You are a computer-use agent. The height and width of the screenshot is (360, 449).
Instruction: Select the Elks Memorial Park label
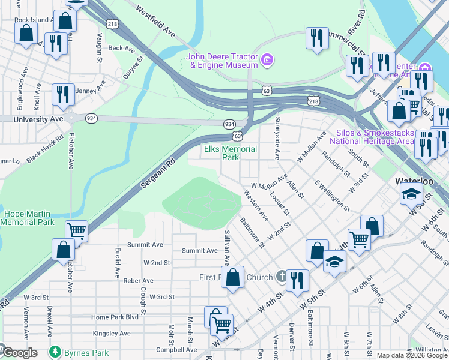tap(231, 153)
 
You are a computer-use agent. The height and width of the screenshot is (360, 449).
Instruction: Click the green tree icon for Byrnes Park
tap(55, 351)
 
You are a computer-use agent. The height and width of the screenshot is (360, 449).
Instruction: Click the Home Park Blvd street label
tap(115, 317)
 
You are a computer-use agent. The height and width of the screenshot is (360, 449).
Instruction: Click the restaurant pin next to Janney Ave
tap(62, 94)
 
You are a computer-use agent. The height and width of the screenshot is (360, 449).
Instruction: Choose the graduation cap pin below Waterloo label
tap(411, 193)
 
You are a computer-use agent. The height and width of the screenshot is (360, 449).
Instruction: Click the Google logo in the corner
tap(20, 353)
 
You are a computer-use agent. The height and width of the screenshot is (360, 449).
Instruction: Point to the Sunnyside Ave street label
tap(277, 146)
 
